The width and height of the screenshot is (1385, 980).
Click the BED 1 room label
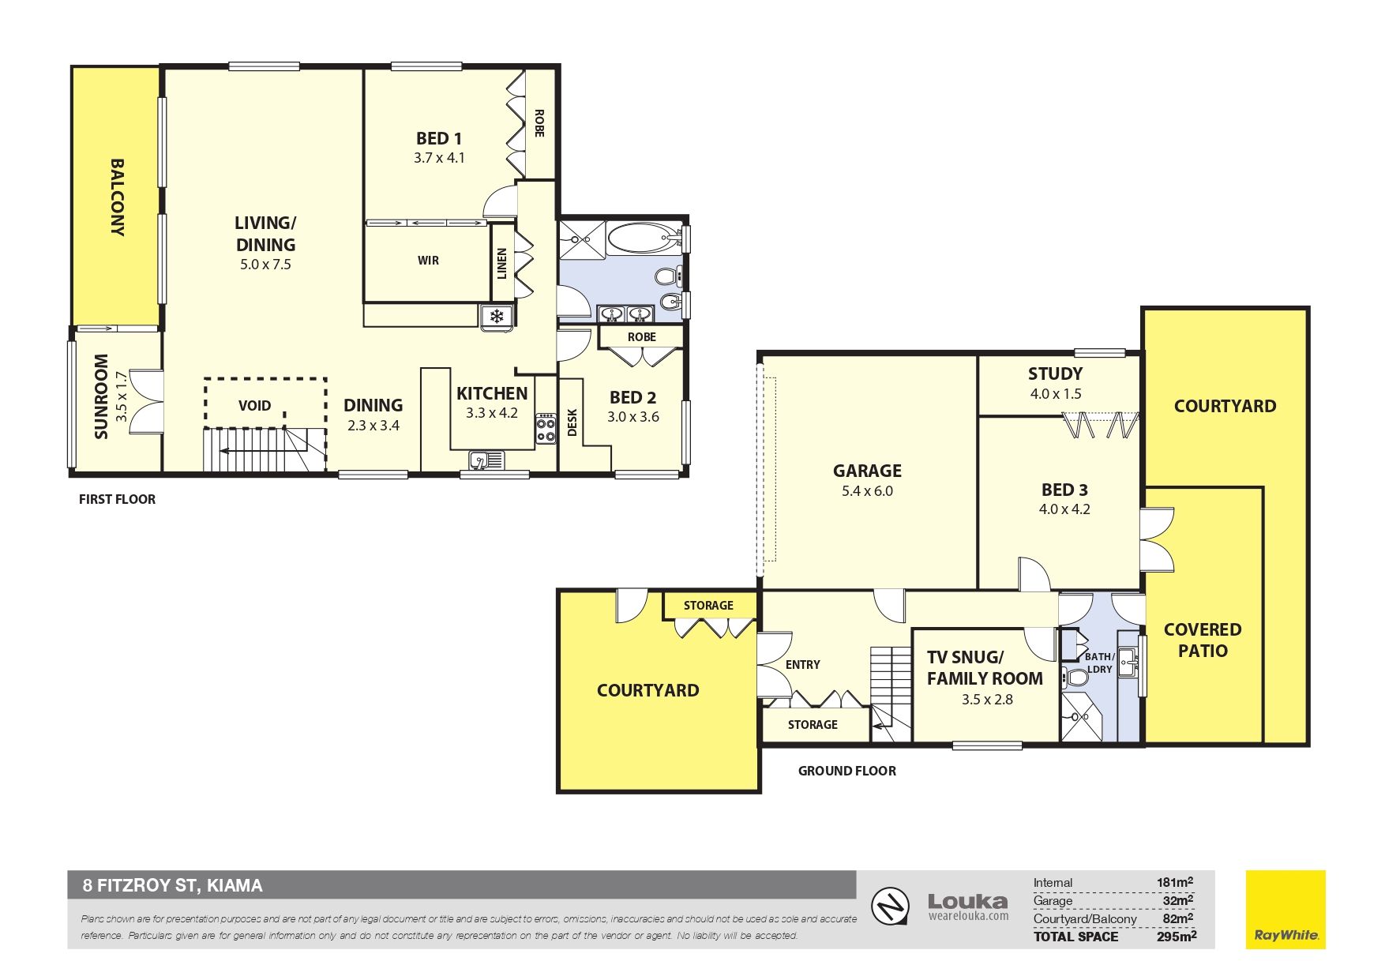point(439,139)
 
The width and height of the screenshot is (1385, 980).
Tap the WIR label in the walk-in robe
point(428,261)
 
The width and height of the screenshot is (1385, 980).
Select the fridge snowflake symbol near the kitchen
point(497,317)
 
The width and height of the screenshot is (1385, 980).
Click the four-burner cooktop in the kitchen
point(546,429)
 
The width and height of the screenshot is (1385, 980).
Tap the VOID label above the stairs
point(254,406)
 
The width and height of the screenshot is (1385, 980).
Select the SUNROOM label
point(101,396)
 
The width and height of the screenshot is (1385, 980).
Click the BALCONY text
point(117,197)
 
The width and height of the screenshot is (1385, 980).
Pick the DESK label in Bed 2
point(572,422)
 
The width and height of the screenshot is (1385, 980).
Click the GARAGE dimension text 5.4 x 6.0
point(867,491)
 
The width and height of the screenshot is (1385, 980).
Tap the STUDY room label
point(1055,374)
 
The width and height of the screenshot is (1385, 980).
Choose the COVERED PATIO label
point(1203,640)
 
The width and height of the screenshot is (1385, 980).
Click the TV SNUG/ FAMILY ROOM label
point(985,668)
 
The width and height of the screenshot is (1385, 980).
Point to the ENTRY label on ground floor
point(802,665)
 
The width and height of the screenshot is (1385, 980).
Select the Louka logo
point(968,907)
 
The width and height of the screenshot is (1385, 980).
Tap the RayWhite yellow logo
point(1286,910)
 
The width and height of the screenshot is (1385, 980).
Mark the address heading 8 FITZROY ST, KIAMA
point(173,885)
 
